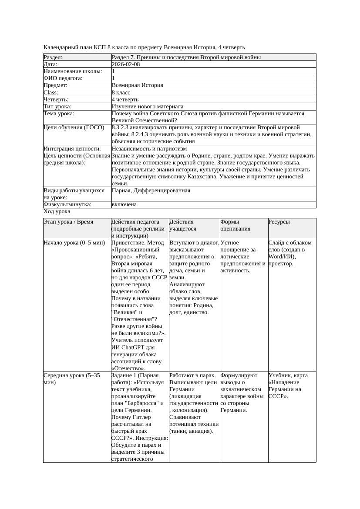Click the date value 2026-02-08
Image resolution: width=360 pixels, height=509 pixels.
pos(126,64)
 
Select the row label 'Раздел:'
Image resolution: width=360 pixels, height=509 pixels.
pos(53,57)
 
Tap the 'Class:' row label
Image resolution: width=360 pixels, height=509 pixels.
pos(51,93)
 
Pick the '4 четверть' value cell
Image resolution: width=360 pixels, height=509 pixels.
pos(126,100)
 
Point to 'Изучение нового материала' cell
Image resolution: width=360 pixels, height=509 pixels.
pos(148,107)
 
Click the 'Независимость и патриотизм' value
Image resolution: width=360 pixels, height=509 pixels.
pos(149,149)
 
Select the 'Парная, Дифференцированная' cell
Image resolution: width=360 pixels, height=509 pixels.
pos(151,191)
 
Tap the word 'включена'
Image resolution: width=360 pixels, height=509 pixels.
pos(124,204)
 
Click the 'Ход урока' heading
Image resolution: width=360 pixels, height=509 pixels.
pos(57,211)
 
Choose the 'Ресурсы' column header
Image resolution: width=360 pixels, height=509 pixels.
pos(279,222)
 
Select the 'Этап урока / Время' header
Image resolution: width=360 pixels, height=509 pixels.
pos(68,222)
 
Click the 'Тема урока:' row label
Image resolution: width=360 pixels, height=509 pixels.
pos(59,114)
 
